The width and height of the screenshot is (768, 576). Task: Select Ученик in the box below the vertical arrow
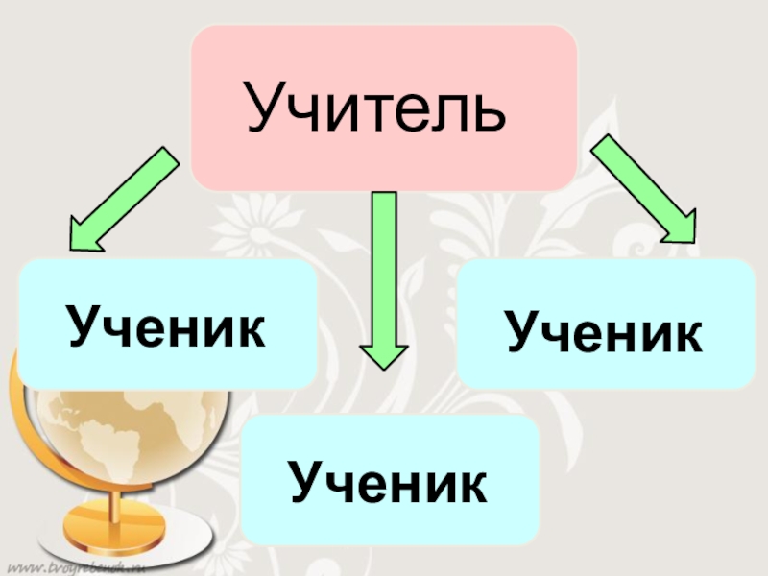pyautogui.click(x=389, y=483)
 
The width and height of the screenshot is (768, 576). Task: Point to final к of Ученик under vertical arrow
pyautogui.click(x=470, y=483)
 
